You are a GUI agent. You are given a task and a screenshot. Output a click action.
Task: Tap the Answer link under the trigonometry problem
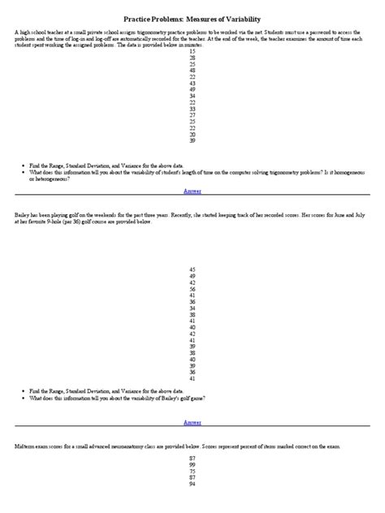pos(192,191)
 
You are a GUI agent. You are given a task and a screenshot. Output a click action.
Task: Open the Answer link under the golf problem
pos(192,422)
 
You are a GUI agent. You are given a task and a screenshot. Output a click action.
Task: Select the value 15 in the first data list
pos(192,50)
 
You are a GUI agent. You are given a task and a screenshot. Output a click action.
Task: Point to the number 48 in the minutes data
pos(192,70)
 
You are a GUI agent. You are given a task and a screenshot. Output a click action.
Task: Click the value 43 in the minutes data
pos(192,83)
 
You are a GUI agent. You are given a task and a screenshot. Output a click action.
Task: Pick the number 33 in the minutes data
pos(192,109)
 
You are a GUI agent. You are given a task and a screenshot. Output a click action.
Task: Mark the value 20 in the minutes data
pos(192,134)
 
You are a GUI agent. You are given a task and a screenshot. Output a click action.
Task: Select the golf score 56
pos(192,289)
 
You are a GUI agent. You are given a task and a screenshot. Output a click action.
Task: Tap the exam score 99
pos(192,464)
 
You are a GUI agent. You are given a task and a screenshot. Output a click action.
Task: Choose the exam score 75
pos(192,471)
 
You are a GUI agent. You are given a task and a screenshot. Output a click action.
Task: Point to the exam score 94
pos(192,484)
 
